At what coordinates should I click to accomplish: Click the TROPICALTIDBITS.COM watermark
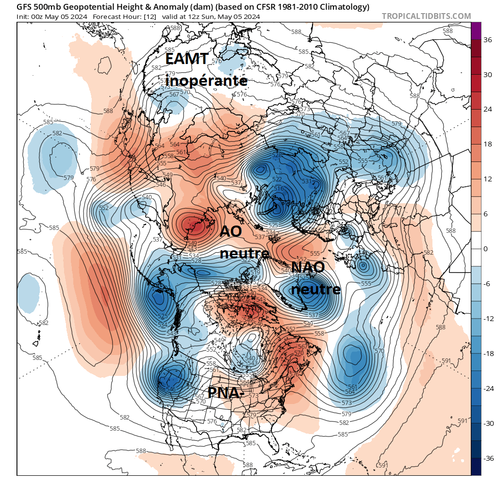tap(426, 16)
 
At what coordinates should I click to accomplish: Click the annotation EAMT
tap(187, 59)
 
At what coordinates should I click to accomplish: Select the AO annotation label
tap(231, 231)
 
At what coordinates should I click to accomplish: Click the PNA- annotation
tap(224, 393)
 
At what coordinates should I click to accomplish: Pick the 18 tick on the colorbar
tap(485, 144)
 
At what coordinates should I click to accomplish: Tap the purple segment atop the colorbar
tap(476, 31)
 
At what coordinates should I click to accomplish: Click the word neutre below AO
tap(245, 253)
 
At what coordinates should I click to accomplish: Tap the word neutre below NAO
tap(315, 290)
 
